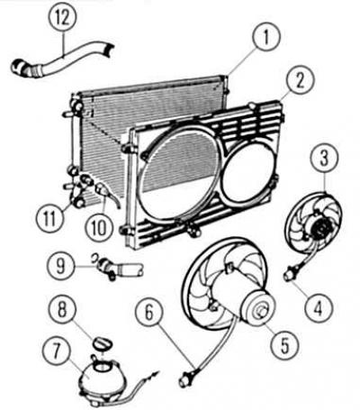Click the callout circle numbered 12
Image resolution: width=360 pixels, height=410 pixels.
pyautogui.click(x=63, y=19)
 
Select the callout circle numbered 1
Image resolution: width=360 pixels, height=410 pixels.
pyautogui.click(x=266, y=38)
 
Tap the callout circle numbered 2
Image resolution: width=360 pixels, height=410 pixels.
pyautogui.click(x=300, y=81)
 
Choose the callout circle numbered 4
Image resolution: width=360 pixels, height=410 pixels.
pyautogui.click(x=319, y=307)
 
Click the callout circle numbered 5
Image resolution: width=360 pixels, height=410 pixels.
pyautogui.click(x=284, y=345)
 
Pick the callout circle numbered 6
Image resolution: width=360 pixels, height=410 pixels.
pyautogui.click(x=149, y=314)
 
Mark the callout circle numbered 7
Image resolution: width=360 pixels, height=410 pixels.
pyautogui.click(x=57, y=351)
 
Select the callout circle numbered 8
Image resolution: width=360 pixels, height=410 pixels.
pyautogui.click(x=62, y=308)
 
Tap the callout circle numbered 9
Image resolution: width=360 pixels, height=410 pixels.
pyautogui.click(x=61, y=266)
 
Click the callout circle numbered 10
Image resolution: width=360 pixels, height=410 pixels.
pyautogui.click(x=99, y=227)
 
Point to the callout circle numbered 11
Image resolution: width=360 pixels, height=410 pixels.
pyautogui.click(x=49, y=218)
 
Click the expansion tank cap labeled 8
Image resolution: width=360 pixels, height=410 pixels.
pyautogui.click(x=101, y=343)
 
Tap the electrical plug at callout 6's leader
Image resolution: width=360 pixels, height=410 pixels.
pyautogui.click(x=187, y=377)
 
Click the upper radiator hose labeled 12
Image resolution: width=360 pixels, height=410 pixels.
pyautogui.click(x=60, y=61)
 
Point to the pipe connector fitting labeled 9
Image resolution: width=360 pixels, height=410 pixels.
pyautogui.click(x=119, y=266)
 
